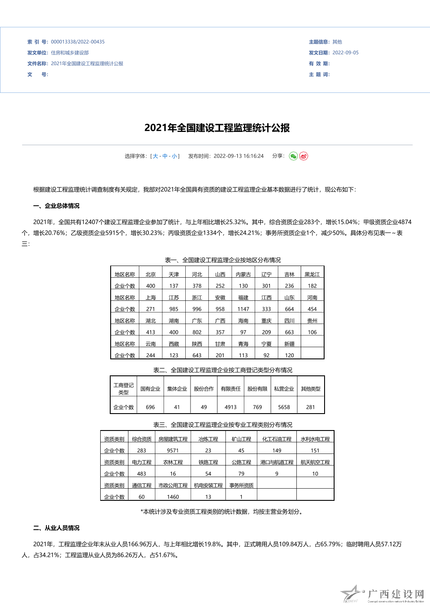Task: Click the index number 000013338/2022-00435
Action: coord(78,42)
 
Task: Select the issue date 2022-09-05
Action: coord(345,53)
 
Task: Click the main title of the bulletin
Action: coord(217,128)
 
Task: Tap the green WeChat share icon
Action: coord(293,156)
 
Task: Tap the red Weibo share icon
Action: coord(304,156)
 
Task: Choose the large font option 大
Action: coord(155,156)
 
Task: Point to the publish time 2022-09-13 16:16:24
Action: coord(238,156)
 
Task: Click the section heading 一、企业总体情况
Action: coord(56,206)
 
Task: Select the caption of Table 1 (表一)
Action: coord(223,260)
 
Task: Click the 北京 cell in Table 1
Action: coord(151,275)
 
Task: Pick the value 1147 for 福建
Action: coord(243,309)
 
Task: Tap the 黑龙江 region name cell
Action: coord(312,275)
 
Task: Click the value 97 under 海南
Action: coord(243,332)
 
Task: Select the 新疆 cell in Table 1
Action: coord(289,344)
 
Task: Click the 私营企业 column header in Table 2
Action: coord(284,389)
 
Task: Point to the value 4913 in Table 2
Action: coord(230,408)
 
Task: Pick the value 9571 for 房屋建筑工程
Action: coord(173,451)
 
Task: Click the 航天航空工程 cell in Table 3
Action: coord(315,463)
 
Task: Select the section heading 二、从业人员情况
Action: coord(56,528)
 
